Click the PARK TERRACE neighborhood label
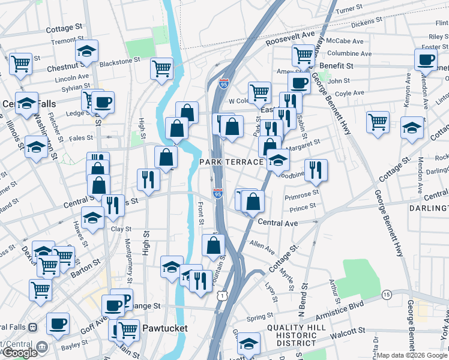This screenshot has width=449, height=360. click(232, 163)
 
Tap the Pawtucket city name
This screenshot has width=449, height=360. click(165, 329)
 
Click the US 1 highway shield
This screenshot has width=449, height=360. click(223, 296)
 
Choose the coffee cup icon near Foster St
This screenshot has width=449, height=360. click(426, 59)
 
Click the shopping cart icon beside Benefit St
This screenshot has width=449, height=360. click(303, 55)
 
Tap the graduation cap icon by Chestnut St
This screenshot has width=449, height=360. click(87, 52)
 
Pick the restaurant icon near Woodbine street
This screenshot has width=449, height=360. click(315, 170)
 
